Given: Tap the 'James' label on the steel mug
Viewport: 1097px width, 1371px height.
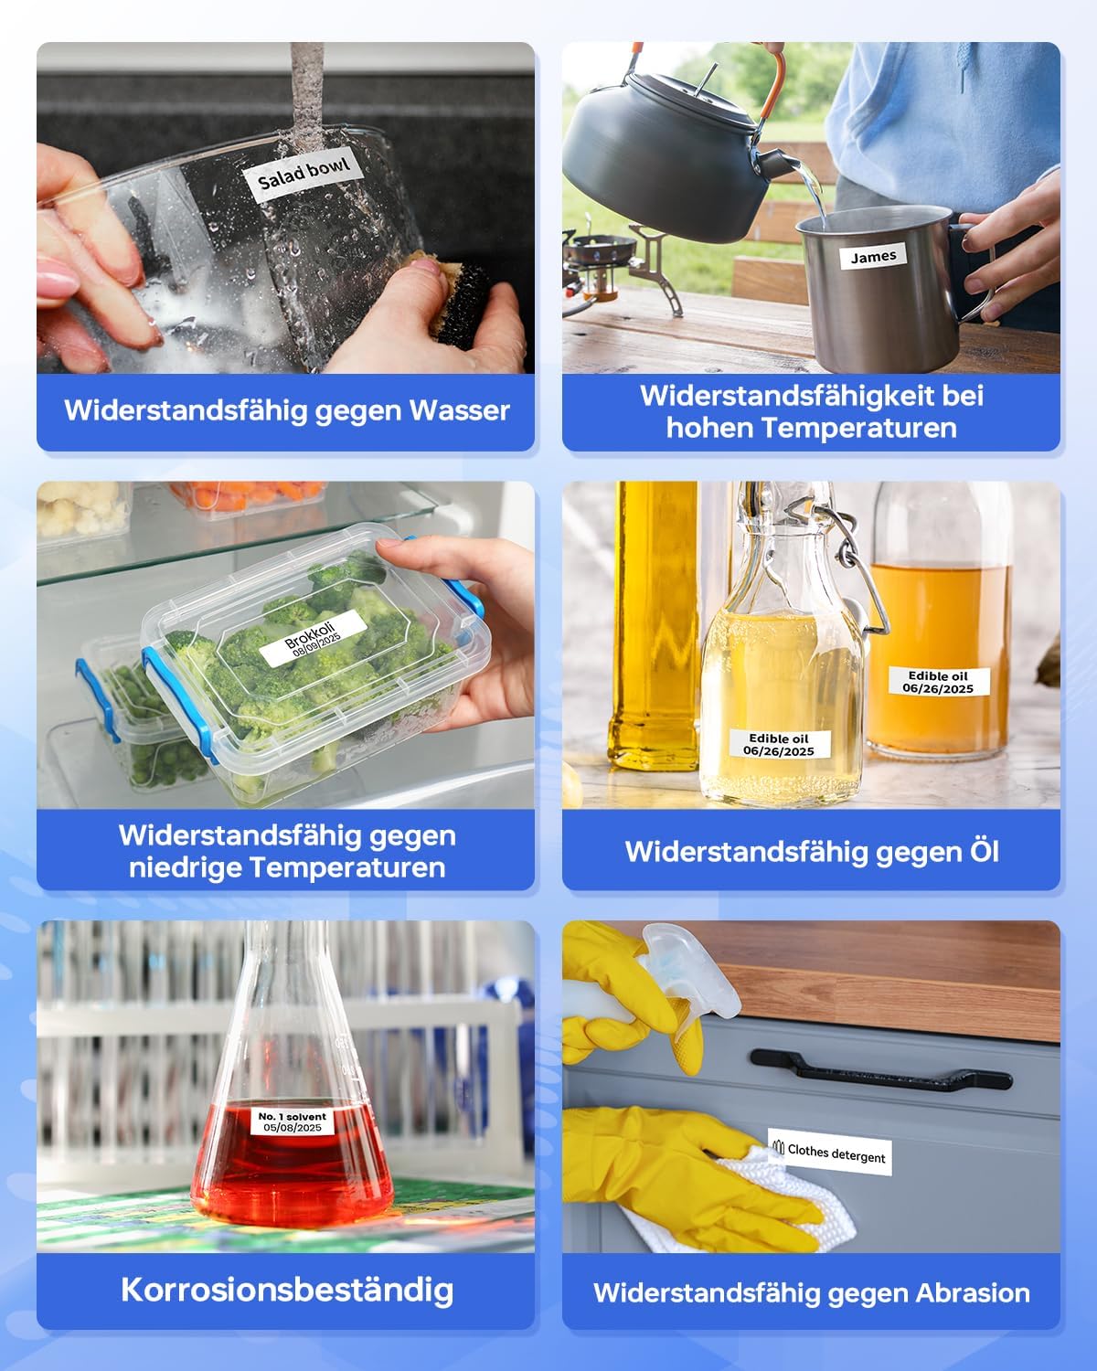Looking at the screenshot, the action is (x=873, y=257).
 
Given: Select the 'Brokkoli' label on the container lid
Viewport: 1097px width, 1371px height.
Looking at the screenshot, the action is (x=313, y=638).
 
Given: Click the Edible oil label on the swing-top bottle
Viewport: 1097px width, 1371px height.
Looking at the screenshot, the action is (x=779, y=744).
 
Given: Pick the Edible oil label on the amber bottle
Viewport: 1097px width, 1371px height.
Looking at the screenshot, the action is (x=938, y=682).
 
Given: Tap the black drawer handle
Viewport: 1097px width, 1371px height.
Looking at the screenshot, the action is (x=881, y=1071).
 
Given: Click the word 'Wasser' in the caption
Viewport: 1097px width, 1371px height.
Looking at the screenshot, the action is (x=459, y=410).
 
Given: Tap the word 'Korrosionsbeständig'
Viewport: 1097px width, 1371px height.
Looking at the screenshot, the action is (x=287, y=1290).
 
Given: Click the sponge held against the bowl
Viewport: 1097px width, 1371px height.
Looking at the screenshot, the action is (x=458, y=300).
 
